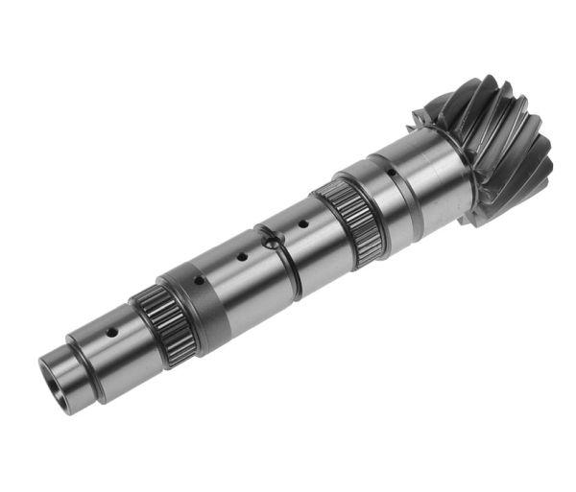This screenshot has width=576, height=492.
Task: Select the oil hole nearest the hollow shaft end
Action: pyautogui.click(x=111, y=332)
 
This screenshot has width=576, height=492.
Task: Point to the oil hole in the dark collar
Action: pyautogui.click(x=197, y=281)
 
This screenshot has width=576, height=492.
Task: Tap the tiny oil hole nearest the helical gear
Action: pyautogui.click(x=391, y=175)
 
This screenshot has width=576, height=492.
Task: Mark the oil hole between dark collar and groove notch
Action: pyautogui.click(x=242, y=256)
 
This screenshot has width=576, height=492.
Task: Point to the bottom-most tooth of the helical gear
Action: pyautogui.click(x=475, y=216)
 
